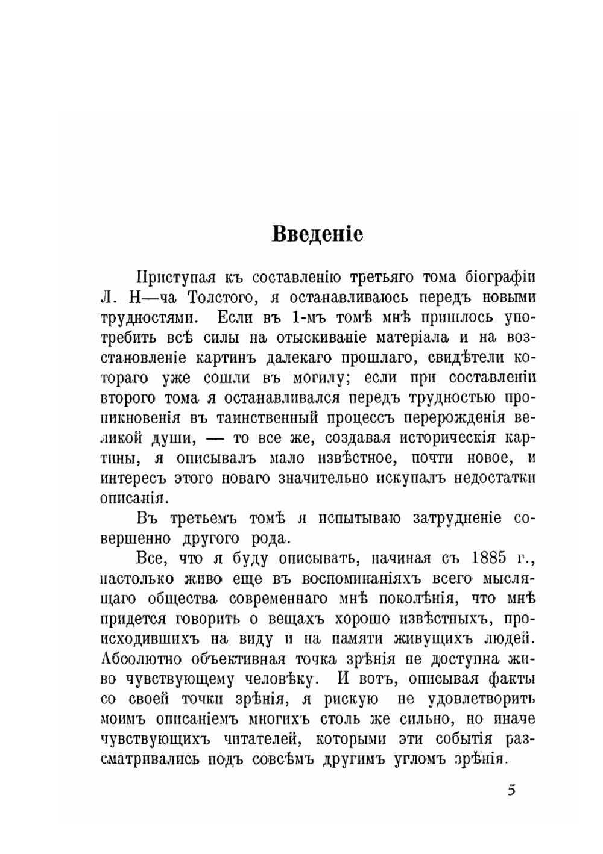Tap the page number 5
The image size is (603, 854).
click(x=511, y=790)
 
